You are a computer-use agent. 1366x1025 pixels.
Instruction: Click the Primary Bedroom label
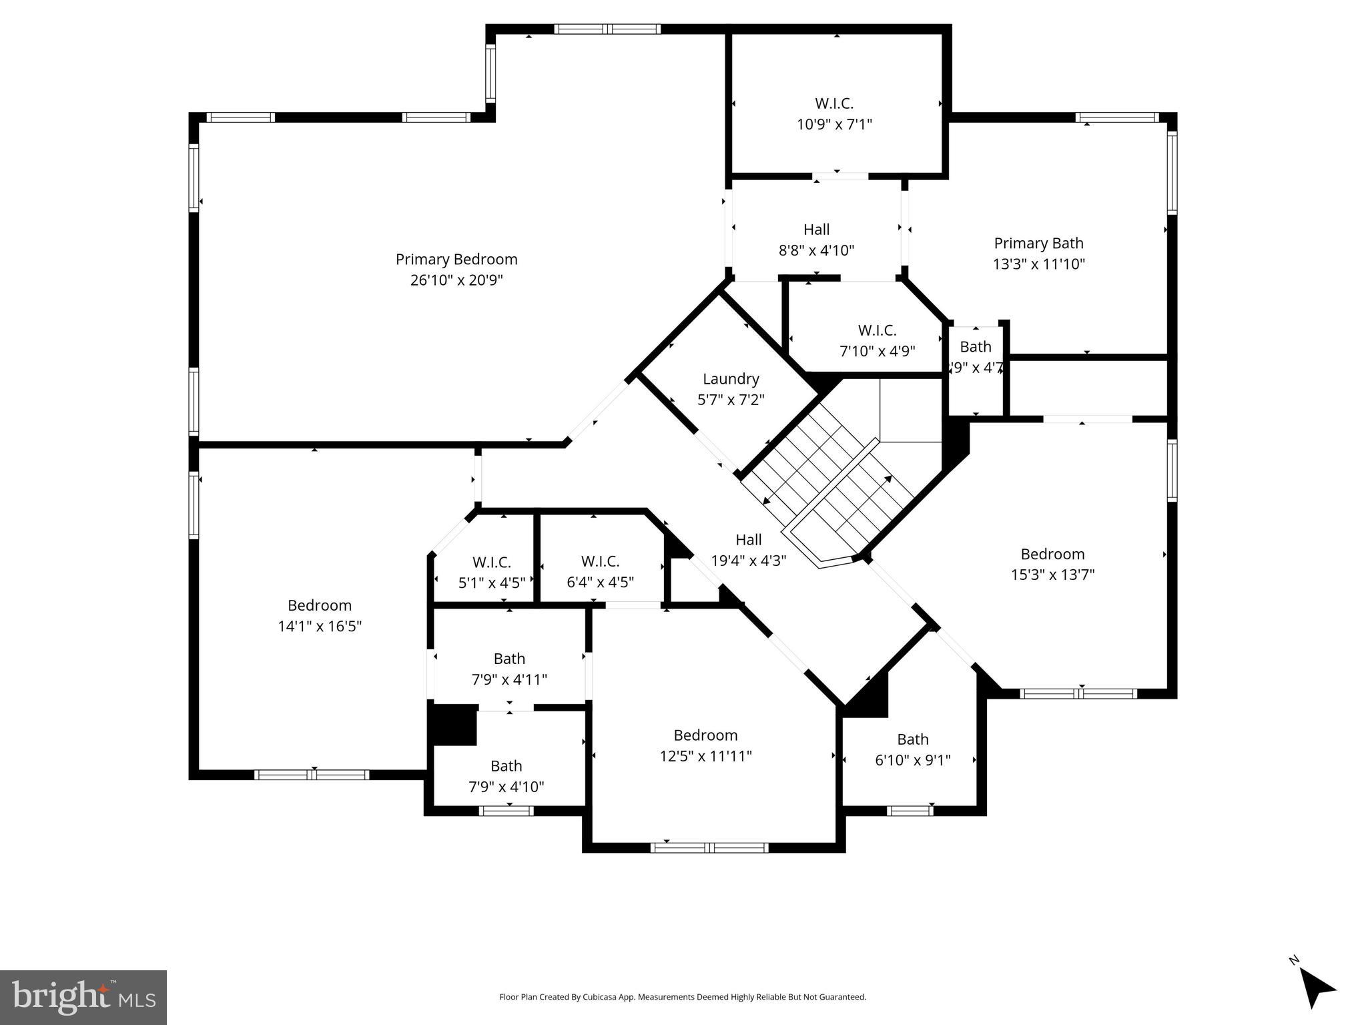(x=456, y=259)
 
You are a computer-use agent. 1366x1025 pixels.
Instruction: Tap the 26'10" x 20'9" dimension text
(x=456, y=280)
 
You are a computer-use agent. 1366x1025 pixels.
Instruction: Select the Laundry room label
(x=731, y=379)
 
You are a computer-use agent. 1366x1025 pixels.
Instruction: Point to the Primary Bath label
(x=1038, y=244)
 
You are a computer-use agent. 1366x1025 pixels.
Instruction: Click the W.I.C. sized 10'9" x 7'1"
(x=834, y=113)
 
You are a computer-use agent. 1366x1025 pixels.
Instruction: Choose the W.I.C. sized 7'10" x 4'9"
(x=877, y=340)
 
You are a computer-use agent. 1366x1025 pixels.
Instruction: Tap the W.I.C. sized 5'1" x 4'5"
(x=491, y=572)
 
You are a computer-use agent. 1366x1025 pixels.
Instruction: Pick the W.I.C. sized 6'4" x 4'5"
(x=600, y=572)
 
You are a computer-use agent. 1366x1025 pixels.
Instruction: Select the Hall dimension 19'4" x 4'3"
(x=748, y=561)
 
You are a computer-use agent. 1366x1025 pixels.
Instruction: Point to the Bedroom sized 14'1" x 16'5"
(x=320, y=615)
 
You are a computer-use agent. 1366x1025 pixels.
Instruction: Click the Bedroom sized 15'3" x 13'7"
(x=1052, y=564)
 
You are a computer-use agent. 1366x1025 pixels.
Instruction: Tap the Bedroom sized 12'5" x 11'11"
(x=705, y=745)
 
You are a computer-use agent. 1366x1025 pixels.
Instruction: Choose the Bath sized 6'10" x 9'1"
(x=912, y=749)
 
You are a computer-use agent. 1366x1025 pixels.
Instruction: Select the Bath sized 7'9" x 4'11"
(x=509, y=669)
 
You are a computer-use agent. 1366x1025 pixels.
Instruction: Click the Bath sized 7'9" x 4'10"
(x=506, y=776)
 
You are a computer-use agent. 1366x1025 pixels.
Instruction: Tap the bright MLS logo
(x=83, y=998)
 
